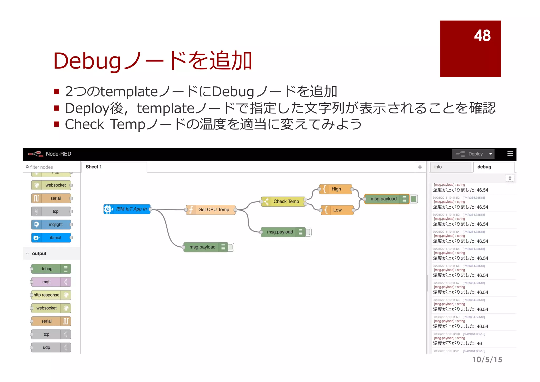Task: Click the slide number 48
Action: coord(482,35)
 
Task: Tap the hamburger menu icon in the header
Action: coord(510,154)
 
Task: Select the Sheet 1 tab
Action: coord(94,167)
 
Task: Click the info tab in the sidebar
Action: coord(450,167)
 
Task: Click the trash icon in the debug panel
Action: coord(510,178)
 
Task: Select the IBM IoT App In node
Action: coord(127,209)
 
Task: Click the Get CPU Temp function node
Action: coord(211,210)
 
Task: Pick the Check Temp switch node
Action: coord(283,202)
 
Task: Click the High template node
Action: coord(336,189)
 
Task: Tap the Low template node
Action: coord(337,210)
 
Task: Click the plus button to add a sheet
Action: coord(420,167)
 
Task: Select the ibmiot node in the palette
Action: coord(51,238)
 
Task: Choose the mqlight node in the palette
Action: coord(51,225)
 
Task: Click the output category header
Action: coord(39,254)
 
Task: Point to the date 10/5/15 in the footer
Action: coord(487,360)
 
